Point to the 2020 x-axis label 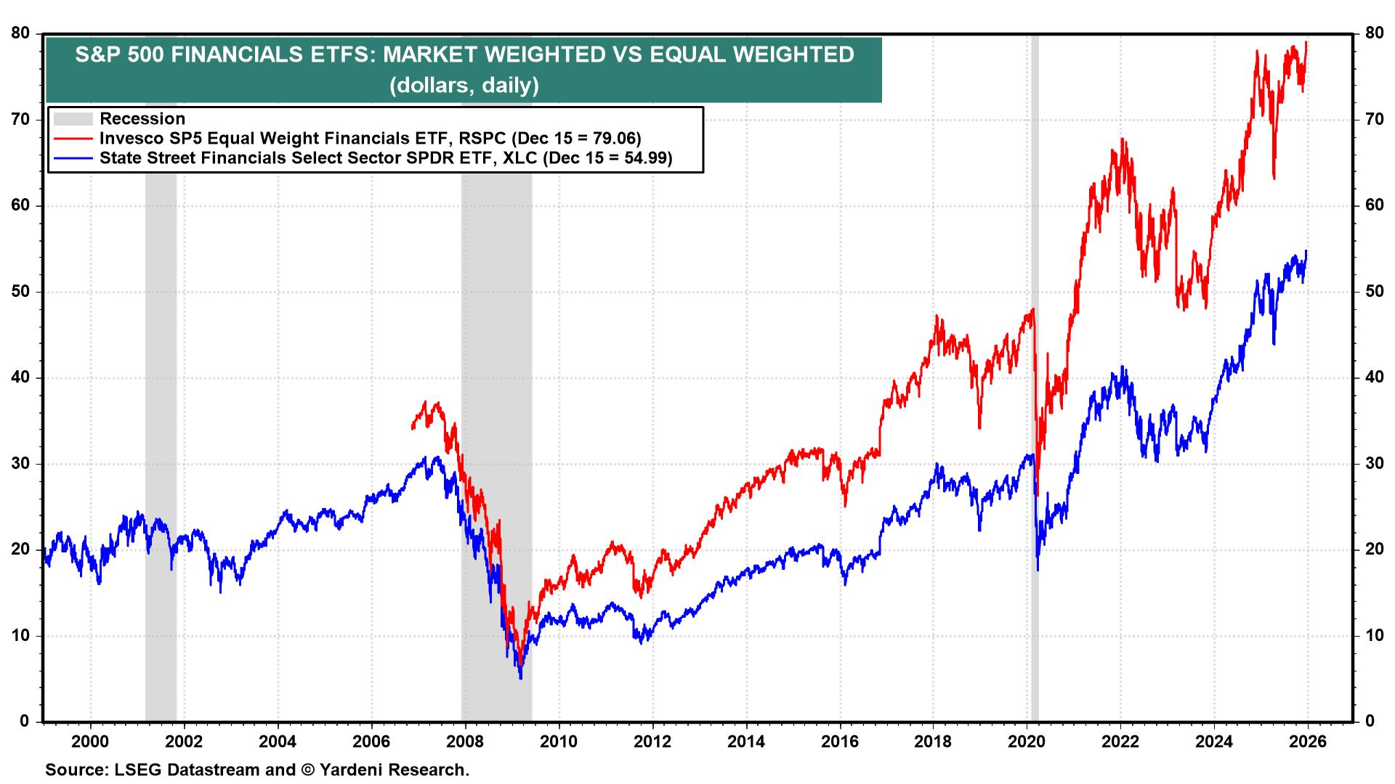(1027, 742)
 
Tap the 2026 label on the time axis (1308, 742)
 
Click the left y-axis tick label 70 (20, 119)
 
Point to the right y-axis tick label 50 (1373, 292)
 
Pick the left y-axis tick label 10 (20, 636)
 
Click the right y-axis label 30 (1373, 464)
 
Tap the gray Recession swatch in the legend (73, 119)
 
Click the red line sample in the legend (73, 139)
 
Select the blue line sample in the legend (73, 158)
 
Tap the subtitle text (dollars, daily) (464, 86)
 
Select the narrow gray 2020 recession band (1035, 363)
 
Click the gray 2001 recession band (161, 363)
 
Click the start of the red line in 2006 (412, 428)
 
